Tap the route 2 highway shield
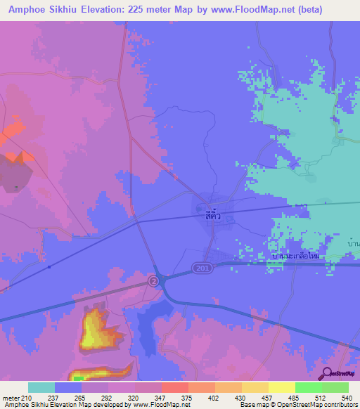(153, 280)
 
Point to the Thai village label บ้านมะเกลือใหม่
(295, 257)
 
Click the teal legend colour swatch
(41, 387)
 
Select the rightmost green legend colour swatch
(335, 387)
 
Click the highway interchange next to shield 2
(165, 280)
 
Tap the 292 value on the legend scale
(106, 397)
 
